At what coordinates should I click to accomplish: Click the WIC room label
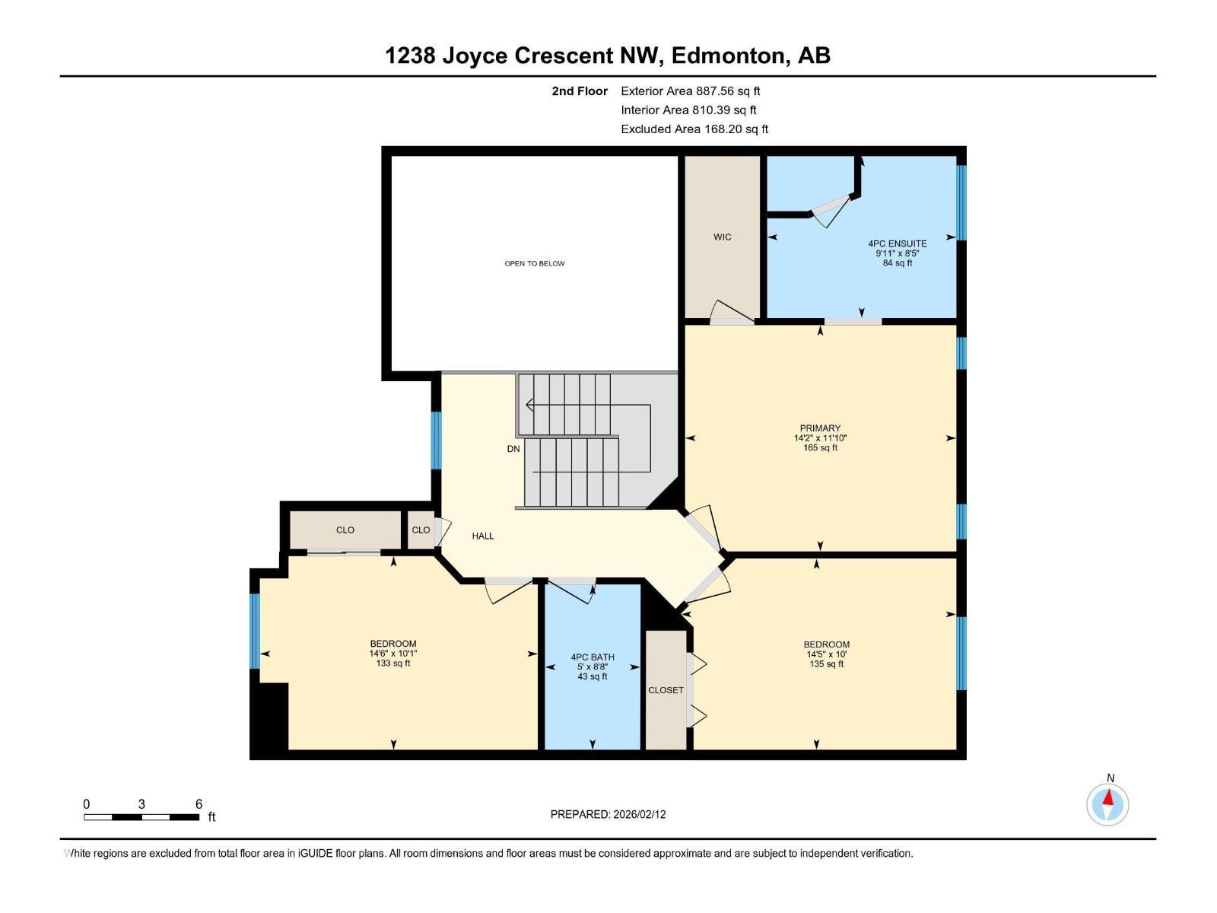(722, 237)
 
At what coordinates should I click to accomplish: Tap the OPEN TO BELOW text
(534, 263)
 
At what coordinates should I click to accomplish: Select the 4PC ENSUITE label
(897, 243)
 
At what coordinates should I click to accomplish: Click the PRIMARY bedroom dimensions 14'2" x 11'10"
(820, 438)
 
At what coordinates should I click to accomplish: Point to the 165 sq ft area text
(820, 448)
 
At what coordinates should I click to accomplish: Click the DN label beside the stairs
(513, 449)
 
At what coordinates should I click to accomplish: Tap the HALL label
(482, 536)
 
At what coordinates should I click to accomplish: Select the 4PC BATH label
(593, 657)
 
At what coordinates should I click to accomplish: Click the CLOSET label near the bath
(666, 690)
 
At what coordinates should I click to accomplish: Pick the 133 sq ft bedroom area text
(392, 663)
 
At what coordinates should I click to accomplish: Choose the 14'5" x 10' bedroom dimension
(826, 654)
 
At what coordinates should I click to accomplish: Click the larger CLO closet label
(345, 530)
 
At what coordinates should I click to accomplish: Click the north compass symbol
(1107, 803)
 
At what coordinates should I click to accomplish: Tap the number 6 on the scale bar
(199, 804)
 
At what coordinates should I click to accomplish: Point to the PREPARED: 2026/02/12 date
(608, 814)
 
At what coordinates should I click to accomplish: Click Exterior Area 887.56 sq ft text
(690, 91)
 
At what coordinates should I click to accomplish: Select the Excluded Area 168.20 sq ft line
(694, 129)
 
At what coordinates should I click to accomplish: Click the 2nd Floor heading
(580, 91)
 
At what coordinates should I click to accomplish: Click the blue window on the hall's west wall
(436, 441)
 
